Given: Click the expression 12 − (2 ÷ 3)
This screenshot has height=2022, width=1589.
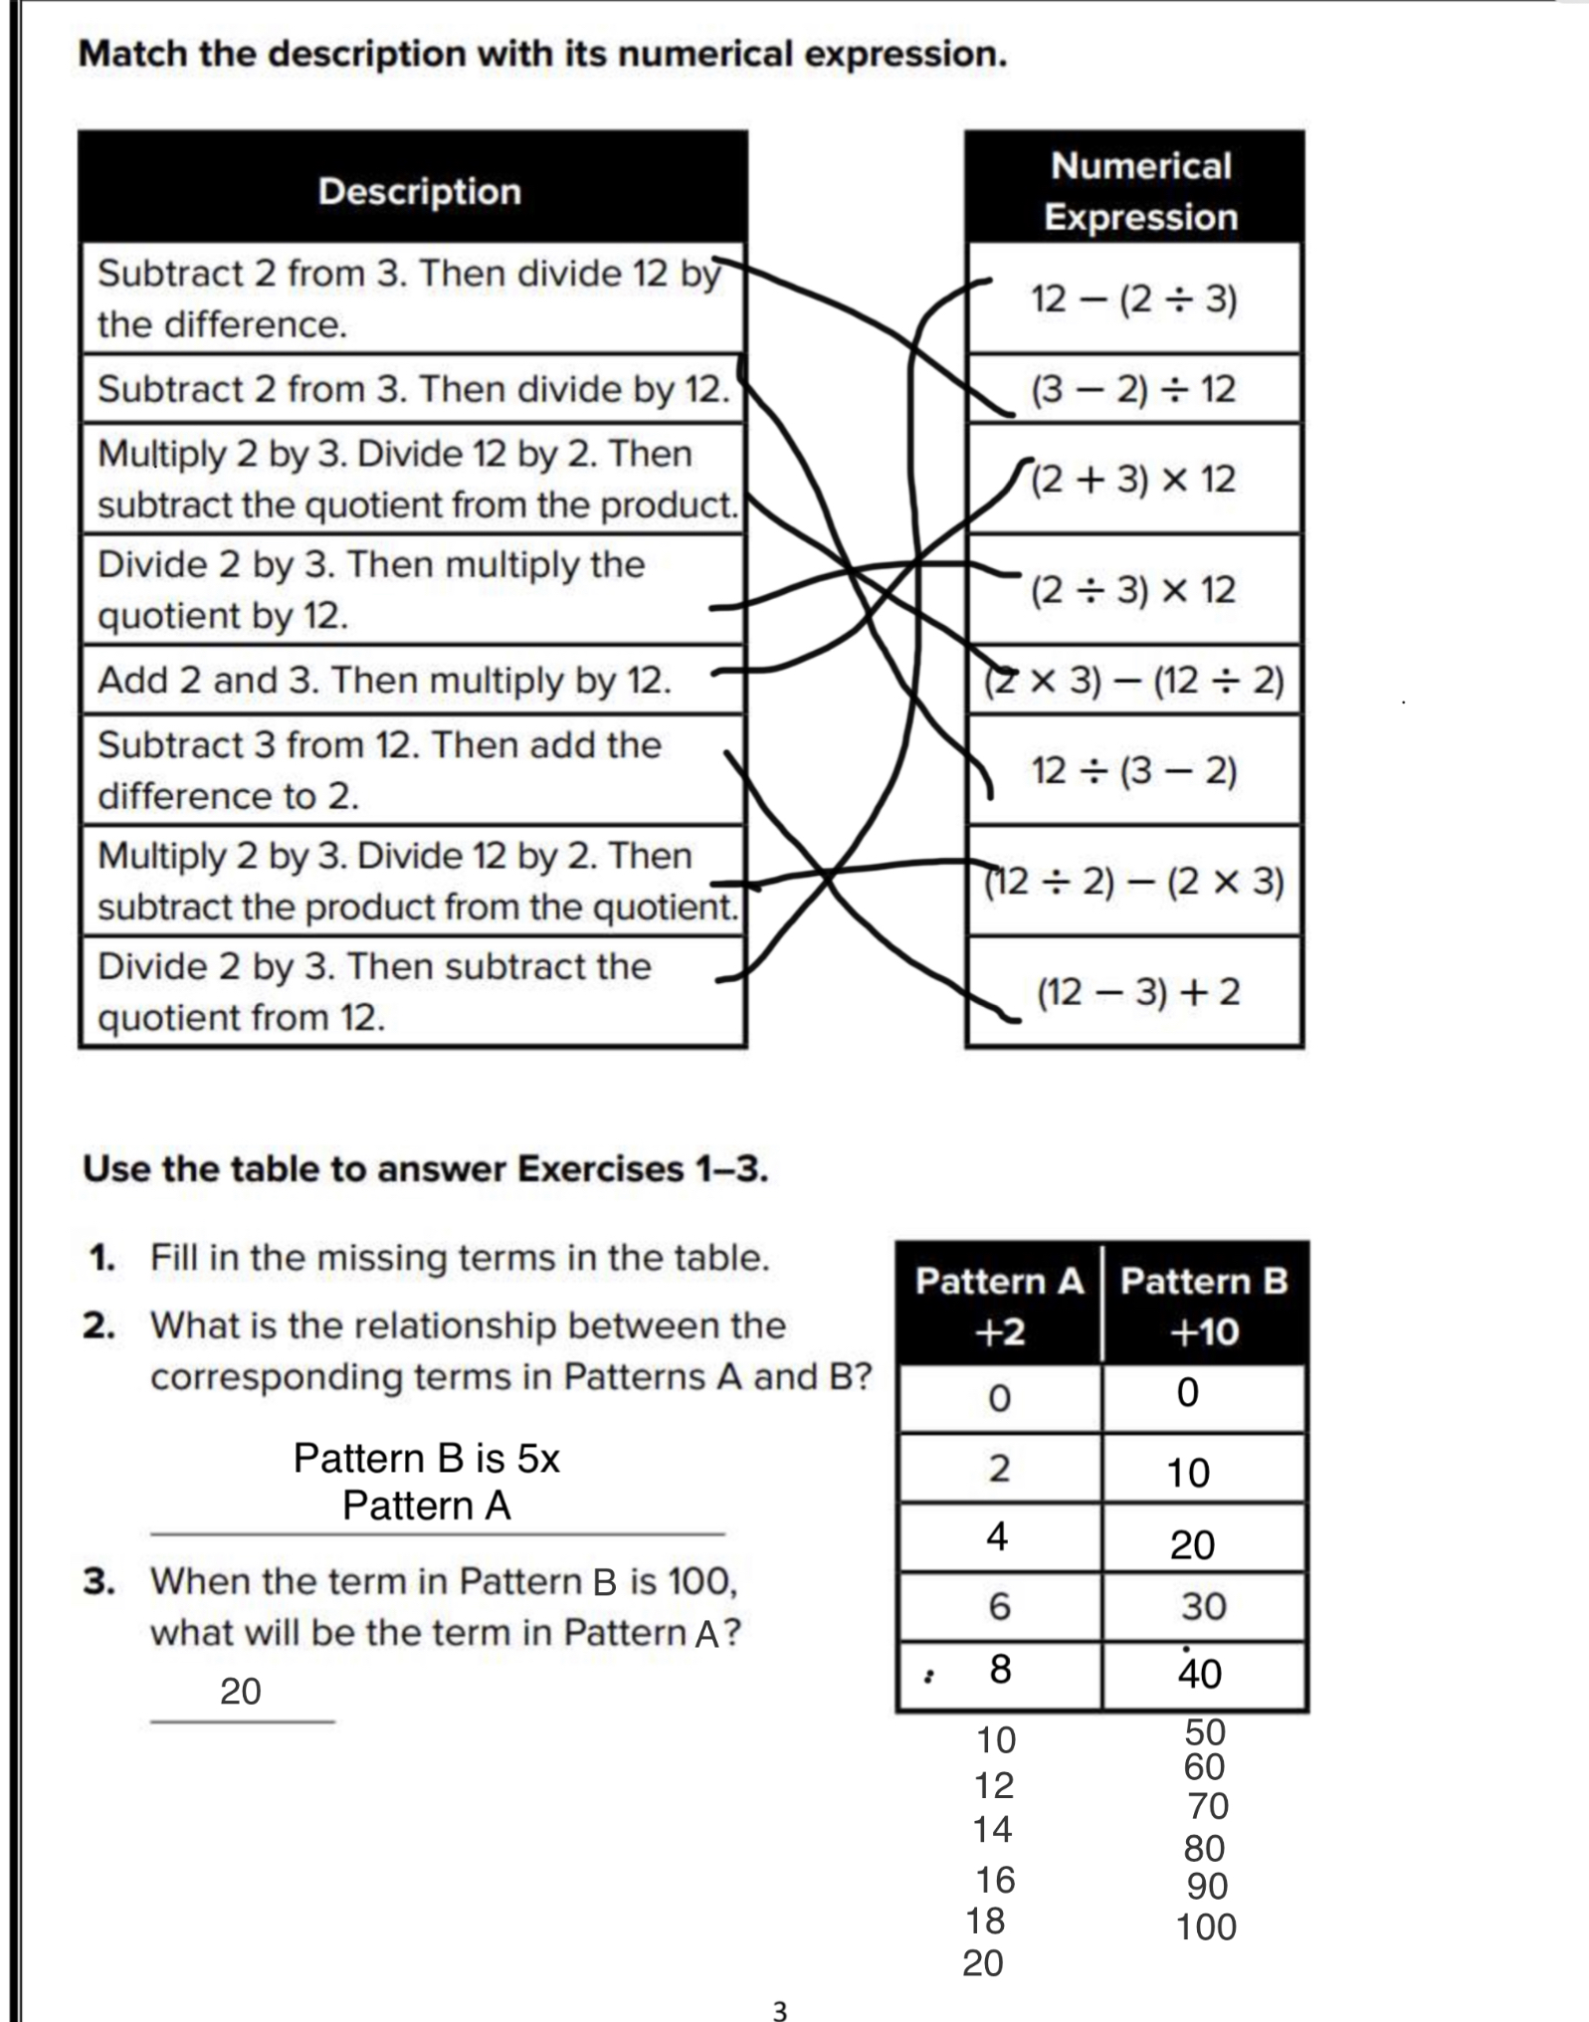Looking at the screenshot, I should tap(1133, 299).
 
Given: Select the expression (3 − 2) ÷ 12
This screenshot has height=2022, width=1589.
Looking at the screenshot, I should tap(1133, 389).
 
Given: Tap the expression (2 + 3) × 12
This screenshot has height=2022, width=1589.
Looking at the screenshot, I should tap(1133, 480).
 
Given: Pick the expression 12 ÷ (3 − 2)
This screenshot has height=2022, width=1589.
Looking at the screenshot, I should tap(1133, 770).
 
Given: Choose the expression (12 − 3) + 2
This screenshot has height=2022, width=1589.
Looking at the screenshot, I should tap(1138, 992).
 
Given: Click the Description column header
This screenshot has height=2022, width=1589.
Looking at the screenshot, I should tap(419, 191).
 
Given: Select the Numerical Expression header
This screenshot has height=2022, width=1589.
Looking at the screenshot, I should tap(1140, 191).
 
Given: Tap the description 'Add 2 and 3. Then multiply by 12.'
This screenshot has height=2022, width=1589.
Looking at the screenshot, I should tap(384, 681).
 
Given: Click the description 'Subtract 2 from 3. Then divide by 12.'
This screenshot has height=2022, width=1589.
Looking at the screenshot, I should tap(413, 389).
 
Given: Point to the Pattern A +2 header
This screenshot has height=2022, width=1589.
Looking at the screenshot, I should tap(999, 1306).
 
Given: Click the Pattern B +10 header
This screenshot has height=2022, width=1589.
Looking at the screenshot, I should tap(1204, 1306).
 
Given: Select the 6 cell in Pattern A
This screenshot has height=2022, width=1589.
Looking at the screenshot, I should tap(999, 1606).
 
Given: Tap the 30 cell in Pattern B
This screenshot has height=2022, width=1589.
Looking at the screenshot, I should tap(1203, 1606).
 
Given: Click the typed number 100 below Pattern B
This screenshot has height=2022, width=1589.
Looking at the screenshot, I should tap(1206, 1927).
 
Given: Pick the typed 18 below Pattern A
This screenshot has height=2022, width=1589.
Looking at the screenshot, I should tap(985, 1921).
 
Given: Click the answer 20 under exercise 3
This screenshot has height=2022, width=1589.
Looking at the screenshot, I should tap(241, 1692).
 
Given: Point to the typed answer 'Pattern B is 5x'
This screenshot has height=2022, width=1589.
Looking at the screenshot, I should tap(426, 1459).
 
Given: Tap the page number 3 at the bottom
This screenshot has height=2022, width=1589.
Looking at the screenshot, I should tap(780, 2011).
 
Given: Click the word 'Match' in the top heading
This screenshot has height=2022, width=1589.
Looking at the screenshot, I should tap(132, 54).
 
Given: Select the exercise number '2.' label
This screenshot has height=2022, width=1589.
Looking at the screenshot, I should tap(100, 1325).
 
